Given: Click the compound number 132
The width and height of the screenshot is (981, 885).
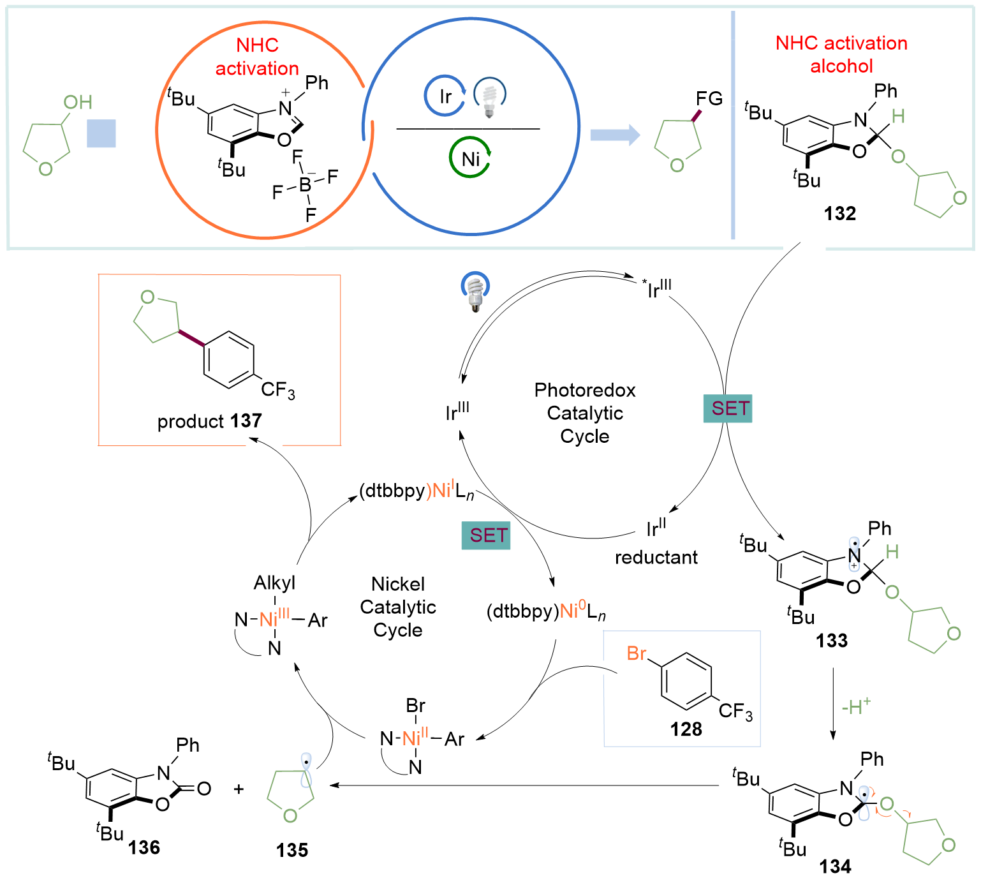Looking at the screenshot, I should click(x=839, y=214).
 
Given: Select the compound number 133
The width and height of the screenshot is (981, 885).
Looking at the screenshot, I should click(x=832, y=641).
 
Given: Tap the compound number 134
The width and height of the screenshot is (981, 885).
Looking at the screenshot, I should click(x=835, y=866).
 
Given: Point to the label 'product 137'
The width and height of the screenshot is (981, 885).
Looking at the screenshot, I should click(x=209, y=421).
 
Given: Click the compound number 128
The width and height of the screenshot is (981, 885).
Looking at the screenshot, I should click(x=686, y=729).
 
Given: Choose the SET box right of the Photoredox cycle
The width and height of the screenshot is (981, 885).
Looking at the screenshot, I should click(x=728, y=409).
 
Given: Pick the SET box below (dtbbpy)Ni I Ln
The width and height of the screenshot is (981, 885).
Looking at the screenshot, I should click(x=486, y=535).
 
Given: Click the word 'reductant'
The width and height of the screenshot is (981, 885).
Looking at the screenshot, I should click(x=656, y=558).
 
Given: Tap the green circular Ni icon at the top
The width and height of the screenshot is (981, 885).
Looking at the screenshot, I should click(x=470, y=158).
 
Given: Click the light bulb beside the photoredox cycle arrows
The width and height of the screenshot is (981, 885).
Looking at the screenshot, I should click(x=475, y=292).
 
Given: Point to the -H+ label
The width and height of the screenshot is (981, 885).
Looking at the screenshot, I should click(x=855, y=706).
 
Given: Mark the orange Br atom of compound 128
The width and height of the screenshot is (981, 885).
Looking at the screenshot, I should click(x=636, y=653).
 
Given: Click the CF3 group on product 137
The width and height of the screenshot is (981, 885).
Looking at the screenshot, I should click(x=278, y=390).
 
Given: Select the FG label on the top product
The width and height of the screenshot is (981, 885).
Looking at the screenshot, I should click(x=709, y=99).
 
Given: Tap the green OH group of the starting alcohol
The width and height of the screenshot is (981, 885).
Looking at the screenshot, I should click(x=78, y=102).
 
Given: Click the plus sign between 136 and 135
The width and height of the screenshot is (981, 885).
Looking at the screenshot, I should click(x=239, y=789).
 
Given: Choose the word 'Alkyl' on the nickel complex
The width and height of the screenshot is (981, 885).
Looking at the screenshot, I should click(x=274, y=583).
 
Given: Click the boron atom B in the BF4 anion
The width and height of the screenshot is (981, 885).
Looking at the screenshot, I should click(x=305, y=185).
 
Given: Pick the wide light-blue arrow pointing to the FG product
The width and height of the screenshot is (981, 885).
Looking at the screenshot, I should click(x=614, y=135).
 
